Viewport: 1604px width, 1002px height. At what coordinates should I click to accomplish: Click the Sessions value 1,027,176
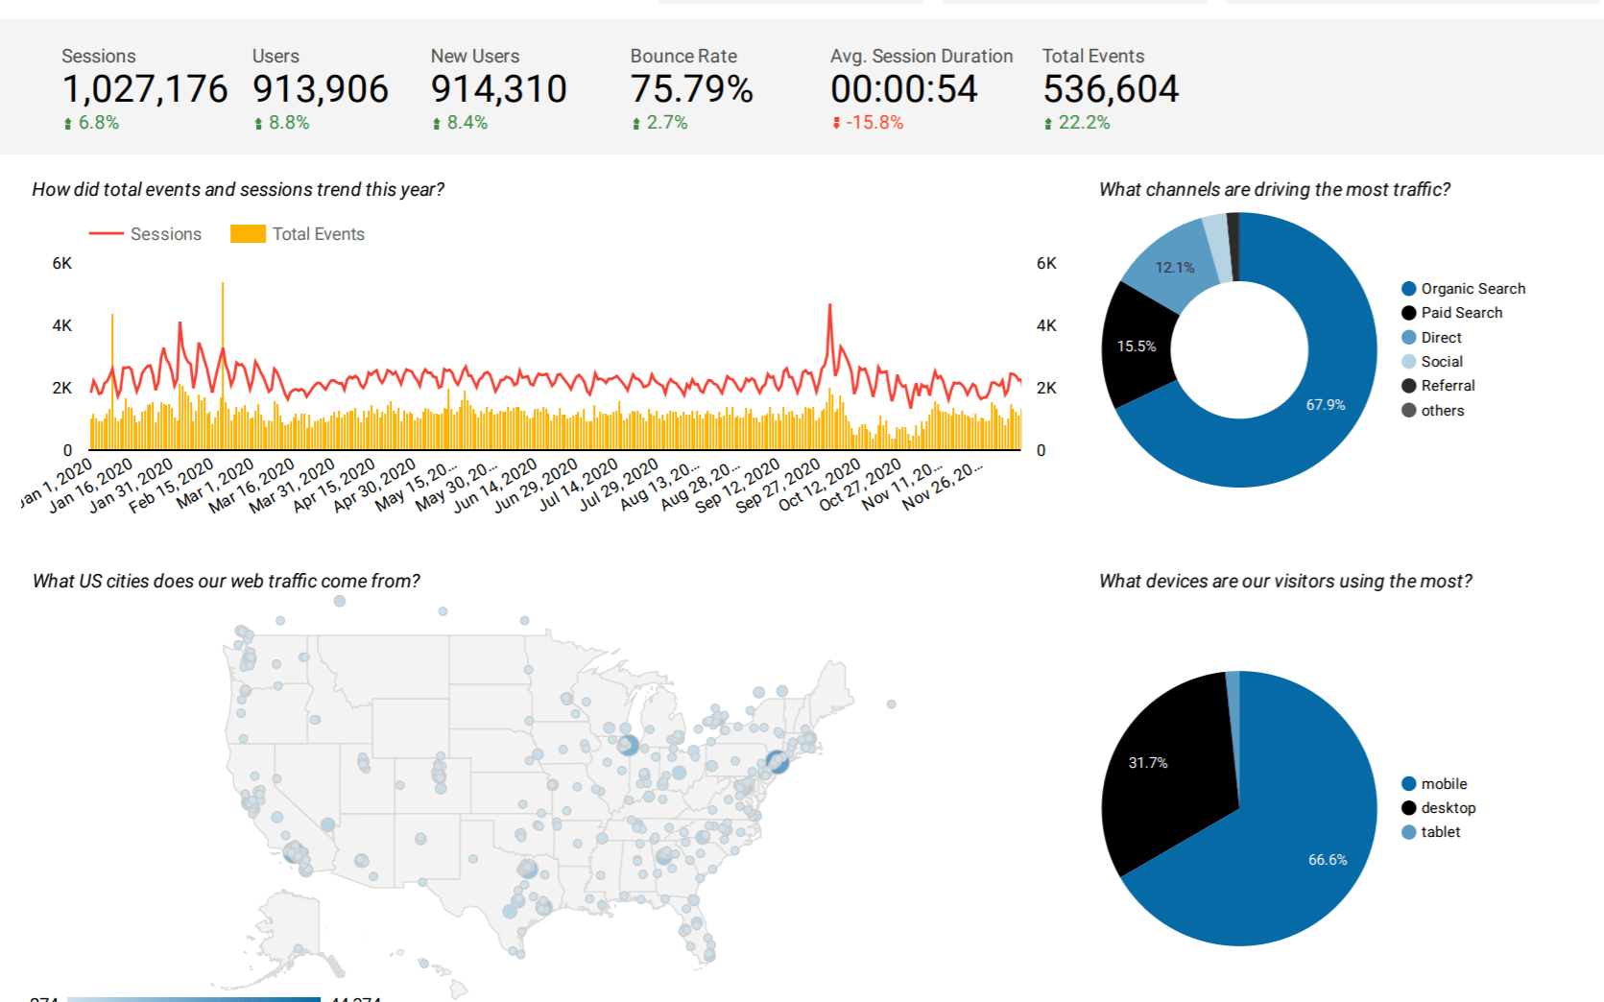coord(145,89)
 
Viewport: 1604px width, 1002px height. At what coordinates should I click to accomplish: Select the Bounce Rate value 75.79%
coord(691,89)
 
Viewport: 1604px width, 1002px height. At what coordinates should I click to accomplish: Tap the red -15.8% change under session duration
coord(874,123)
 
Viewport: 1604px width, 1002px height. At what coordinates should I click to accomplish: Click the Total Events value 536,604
coord(1111,89)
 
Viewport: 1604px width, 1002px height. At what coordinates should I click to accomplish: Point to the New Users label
coord(474,57)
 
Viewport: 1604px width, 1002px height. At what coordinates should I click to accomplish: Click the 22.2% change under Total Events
coord(1083,123)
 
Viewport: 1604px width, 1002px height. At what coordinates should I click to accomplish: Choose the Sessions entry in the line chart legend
coord(165,234)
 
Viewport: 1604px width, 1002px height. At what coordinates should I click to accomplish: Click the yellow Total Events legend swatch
coord(248,234)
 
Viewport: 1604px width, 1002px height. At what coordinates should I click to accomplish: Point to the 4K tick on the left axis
coord(62,325)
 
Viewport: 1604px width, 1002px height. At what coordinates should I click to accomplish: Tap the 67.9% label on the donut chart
coord(1325,405)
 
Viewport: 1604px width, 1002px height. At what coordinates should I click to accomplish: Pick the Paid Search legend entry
coord(1461,313)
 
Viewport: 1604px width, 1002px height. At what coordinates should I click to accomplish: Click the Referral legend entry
coord(1448,386)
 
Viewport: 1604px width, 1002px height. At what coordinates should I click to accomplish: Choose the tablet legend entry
coord(1440,832)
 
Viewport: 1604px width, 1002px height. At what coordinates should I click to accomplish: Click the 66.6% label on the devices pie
coord(1328,860)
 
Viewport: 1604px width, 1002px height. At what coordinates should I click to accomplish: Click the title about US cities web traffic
coord(227,581)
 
